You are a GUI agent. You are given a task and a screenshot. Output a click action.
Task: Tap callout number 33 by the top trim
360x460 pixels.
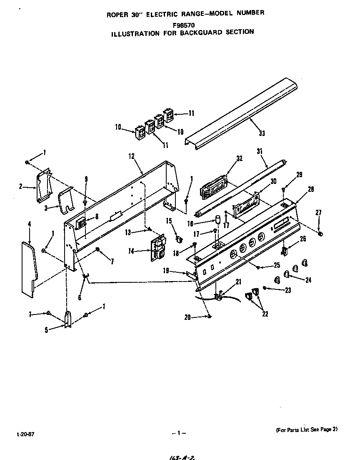(262, 133)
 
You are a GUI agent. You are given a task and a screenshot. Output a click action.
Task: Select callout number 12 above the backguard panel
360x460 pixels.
(131, 156)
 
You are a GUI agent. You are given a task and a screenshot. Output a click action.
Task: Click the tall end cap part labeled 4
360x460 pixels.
(28, 269)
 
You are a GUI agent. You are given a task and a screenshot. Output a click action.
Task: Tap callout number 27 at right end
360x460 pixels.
(319, 213)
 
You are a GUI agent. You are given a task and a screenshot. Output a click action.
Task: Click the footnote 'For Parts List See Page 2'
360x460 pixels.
(306, 430)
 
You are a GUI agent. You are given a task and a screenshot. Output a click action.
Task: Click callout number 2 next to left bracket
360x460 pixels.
(20, 186)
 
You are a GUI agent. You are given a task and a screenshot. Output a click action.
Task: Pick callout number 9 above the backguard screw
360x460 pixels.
(85, 179)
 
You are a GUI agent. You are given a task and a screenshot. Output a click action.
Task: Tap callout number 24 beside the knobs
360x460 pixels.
(308, 280)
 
